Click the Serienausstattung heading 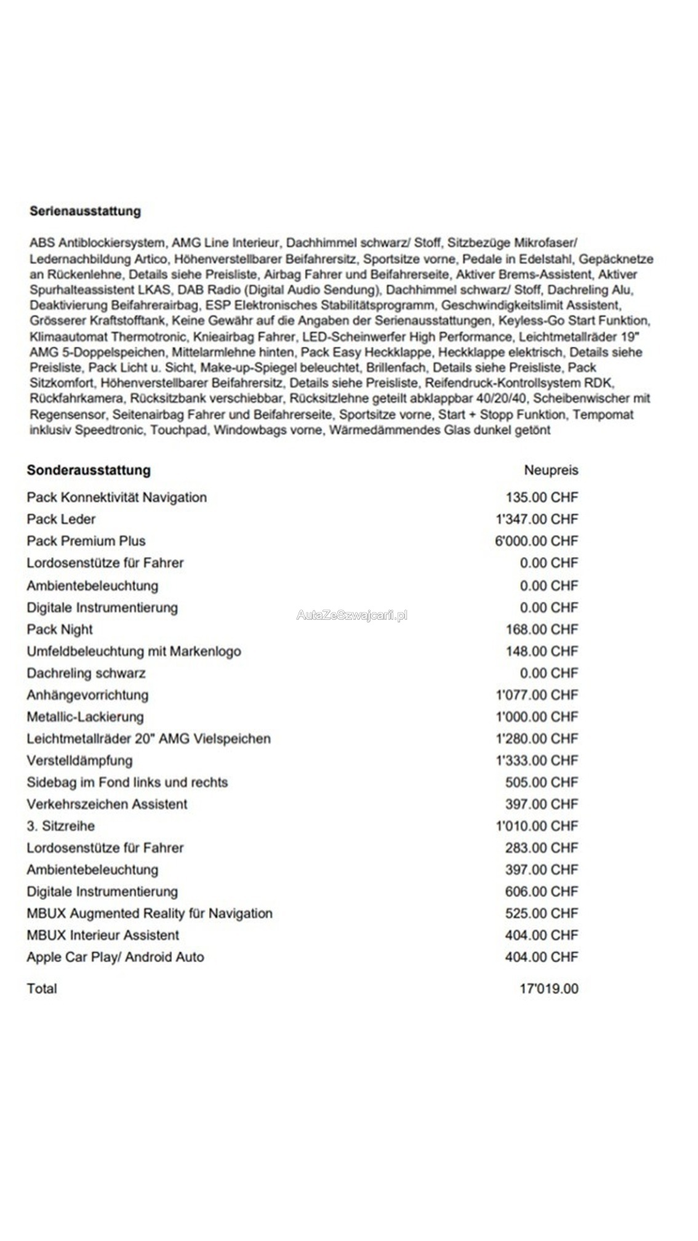click(85, 211)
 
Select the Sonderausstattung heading click(89, 470)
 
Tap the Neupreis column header click(551, 470)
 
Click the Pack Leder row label click(61, 519)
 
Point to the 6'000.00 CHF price click(536, 541)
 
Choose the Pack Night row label click(60, 629)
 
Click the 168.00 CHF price click(542, 629)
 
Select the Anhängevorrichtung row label click(87, 695)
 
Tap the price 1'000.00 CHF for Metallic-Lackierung click(537, 717)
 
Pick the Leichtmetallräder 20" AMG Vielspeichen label click(148, 739)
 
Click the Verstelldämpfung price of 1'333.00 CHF click(537, 760)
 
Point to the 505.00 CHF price click(542, 782)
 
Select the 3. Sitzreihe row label click(60, 826)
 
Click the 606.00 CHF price click(542, 891)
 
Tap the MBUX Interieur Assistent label click(103, 935)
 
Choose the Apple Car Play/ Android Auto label click(115, 957)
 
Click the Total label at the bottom click(42, 989)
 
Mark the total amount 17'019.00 click(549, 989)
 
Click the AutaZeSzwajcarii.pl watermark click(351, 615)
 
